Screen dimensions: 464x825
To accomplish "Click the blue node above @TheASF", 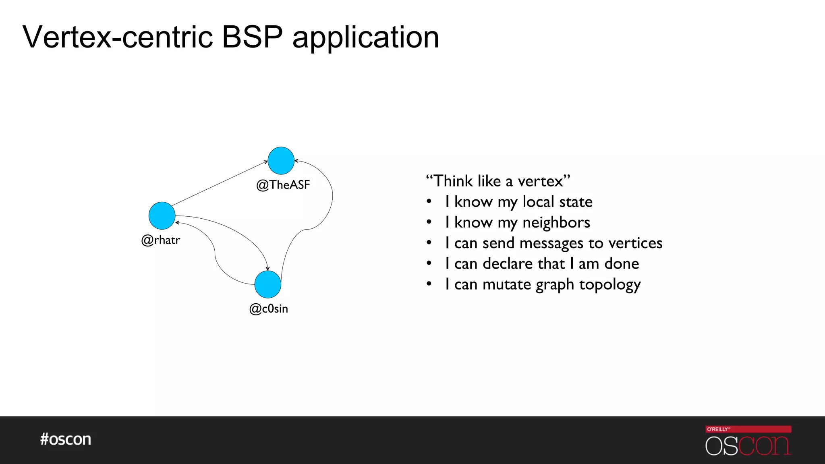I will point(281,160).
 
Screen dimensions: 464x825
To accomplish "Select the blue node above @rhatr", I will point(162,215).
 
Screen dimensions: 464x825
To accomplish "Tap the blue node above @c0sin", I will point(267,284).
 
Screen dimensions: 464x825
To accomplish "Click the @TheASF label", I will point(283,185).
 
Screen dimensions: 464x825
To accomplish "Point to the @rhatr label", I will point(160,240).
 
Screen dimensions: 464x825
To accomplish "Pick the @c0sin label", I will point(268,309).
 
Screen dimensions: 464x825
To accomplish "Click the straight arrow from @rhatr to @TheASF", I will point(220,183).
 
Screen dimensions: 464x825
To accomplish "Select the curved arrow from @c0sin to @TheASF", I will point(332,197).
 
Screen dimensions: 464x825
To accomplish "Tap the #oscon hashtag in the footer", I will point(65,439).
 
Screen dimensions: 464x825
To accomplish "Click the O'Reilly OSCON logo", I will point(748,441).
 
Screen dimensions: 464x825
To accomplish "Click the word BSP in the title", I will point(253,37).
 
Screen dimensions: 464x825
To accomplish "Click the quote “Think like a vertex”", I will point(498,181).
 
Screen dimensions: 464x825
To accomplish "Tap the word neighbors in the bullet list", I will point(556,222).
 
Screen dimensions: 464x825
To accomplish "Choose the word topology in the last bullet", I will point(610,285).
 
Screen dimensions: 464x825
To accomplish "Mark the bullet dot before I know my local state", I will point(429,201).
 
